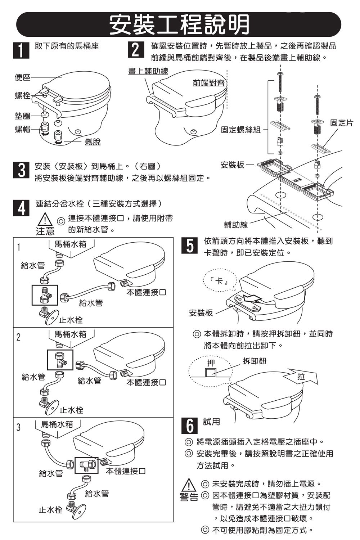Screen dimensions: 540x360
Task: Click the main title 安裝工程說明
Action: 179,24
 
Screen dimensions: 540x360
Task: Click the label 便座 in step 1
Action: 22,77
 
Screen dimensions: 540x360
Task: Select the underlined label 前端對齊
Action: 208,83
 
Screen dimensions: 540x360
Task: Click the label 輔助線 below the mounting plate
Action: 236,225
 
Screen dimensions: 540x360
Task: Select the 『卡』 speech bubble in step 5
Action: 219,281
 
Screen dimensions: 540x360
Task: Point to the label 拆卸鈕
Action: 255,361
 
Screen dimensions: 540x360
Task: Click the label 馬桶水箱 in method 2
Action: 70,334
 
